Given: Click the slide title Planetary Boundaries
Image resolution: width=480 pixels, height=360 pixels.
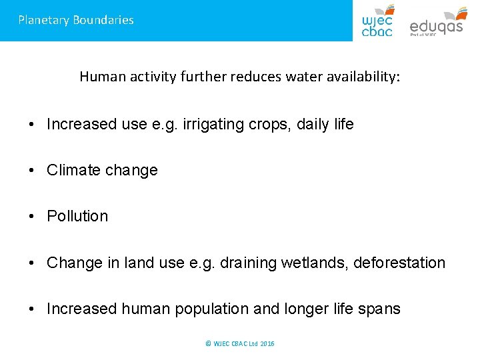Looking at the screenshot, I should (x=76, y=20).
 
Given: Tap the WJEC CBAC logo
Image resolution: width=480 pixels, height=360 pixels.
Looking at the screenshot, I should (x=377, y=20).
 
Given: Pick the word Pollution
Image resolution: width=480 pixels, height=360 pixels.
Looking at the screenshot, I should (x=77, y=216).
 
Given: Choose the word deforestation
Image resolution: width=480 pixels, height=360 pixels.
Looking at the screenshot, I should (x=399, y=263).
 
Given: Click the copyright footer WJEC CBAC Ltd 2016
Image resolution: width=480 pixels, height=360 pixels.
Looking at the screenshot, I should (x=240, y=343).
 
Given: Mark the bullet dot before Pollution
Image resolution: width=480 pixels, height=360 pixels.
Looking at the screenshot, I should (x=33, y=217).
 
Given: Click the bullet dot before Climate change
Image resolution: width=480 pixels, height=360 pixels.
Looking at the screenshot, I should (x=33, y=171).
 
